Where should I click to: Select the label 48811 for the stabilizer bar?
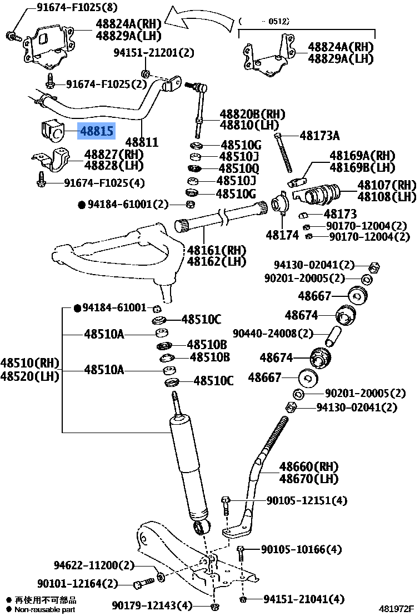[x=142, y=142]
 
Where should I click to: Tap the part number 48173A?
[x=319, y=135]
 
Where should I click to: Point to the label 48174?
[x=282, y=235]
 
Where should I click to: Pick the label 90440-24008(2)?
[x=272, y=334]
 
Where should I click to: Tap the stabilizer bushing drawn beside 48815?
[x=52, y=132]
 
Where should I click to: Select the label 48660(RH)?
[x=308, y=466]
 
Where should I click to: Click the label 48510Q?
[x=238, y=168]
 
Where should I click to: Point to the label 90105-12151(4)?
[x=306, y=501]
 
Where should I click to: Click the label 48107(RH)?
[x=386, y=185]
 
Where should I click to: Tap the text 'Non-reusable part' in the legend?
[x=45, y=609]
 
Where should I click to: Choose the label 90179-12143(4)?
[x=152, y=605]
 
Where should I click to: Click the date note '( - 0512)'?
[x=264, y=21]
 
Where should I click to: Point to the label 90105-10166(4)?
[x=301, y=550]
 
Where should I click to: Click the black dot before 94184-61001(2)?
[x=81, y=205]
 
